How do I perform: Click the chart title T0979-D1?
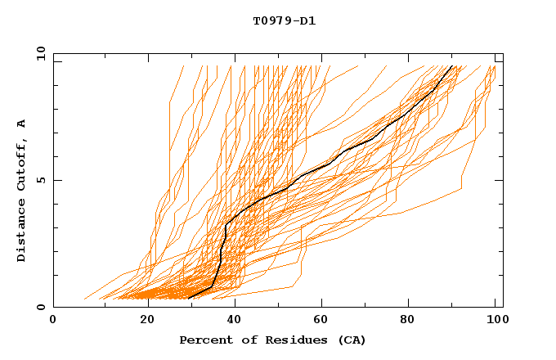click(284, 21)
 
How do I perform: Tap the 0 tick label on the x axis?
click(53, 321)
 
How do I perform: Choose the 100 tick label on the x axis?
click(495, 321)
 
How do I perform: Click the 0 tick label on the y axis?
click(41, 307)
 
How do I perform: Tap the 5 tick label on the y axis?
click(41, 180)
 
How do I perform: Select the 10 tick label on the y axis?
click(38, 53)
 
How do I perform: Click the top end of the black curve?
click(451, 65)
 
